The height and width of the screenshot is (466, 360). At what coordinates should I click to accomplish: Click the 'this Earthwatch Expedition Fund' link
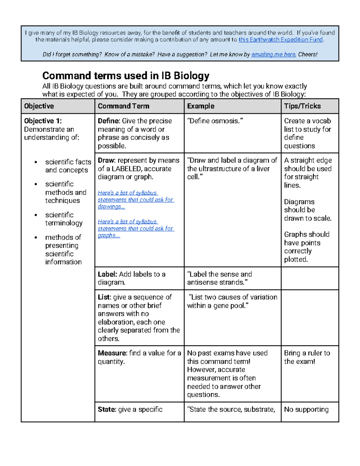point(280,40)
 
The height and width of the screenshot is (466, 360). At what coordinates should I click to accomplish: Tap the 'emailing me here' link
point(273,54)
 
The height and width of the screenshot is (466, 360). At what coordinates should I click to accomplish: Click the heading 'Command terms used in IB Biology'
point(126,75)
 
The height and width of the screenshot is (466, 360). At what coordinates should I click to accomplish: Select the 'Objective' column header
point(39,106)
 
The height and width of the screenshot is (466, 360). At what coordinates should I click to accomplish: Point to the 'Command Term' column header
point(123,106)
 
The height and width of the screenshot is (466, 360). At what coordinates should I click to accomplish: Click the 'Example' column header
point(201,106)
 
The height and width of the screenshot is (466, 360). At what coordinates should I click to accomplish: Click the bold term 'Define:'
point(109,121)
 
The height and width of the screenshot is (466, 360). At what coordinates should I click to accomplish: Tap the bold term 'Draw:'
point(107,160)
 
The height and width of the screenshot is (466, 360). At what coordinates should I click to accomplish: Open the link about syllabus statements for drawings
point(136,200)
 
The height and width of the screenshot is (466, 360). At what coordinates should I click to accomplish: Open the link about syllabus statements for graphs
point(136,228)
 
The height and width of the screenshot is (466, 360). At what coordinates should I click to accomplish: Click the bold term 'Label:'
point(107,274)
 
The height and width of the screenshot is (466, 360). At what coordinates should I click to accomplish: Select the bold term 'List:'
point(104,297)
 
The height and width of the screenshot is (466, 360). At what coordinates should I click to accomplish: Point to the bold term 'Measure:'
point(112,353)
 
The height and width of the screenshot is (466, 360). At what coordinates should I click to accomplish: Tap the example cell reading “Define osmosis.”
point(215,121)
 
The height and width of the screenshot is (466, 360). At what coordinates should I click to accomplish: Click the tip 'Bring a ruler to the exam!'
point(307,357)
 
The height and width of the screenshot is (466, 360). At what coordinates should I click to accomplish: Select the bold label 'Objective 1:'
point(43,121)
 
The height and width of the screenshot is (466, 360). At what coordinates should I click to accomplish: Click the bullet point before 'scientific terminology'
point(36,215)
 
